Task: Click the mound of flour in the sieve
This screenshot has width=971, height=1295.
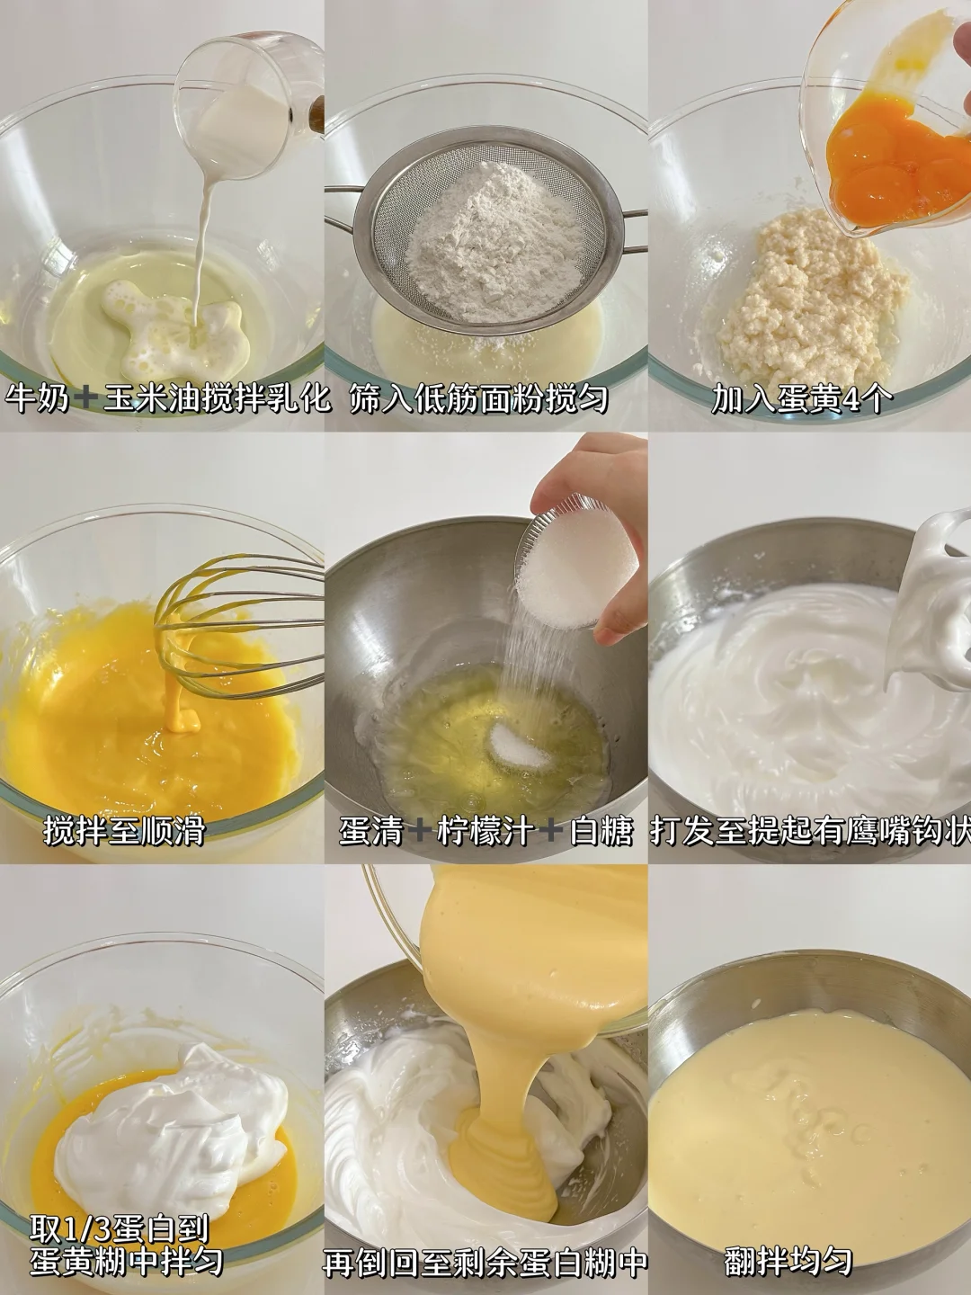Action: coord(496,243)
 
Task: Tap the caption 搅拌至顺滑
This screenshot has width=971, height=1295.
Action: coord(124,830)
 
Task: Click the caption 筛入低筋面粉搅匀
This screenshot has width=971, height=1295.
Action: coord(478,399)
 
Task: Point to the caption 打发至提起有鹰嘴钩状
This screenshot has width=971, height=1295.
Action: coord(810,830)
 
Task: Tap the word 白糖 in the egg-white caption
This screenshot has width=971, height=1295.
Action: coord(601,830)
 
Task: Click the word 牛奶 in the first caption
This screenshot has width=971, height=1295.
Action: coord(37,399)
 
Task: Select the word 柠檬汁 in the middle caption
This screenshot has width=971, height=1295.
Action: coord(485,830)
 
